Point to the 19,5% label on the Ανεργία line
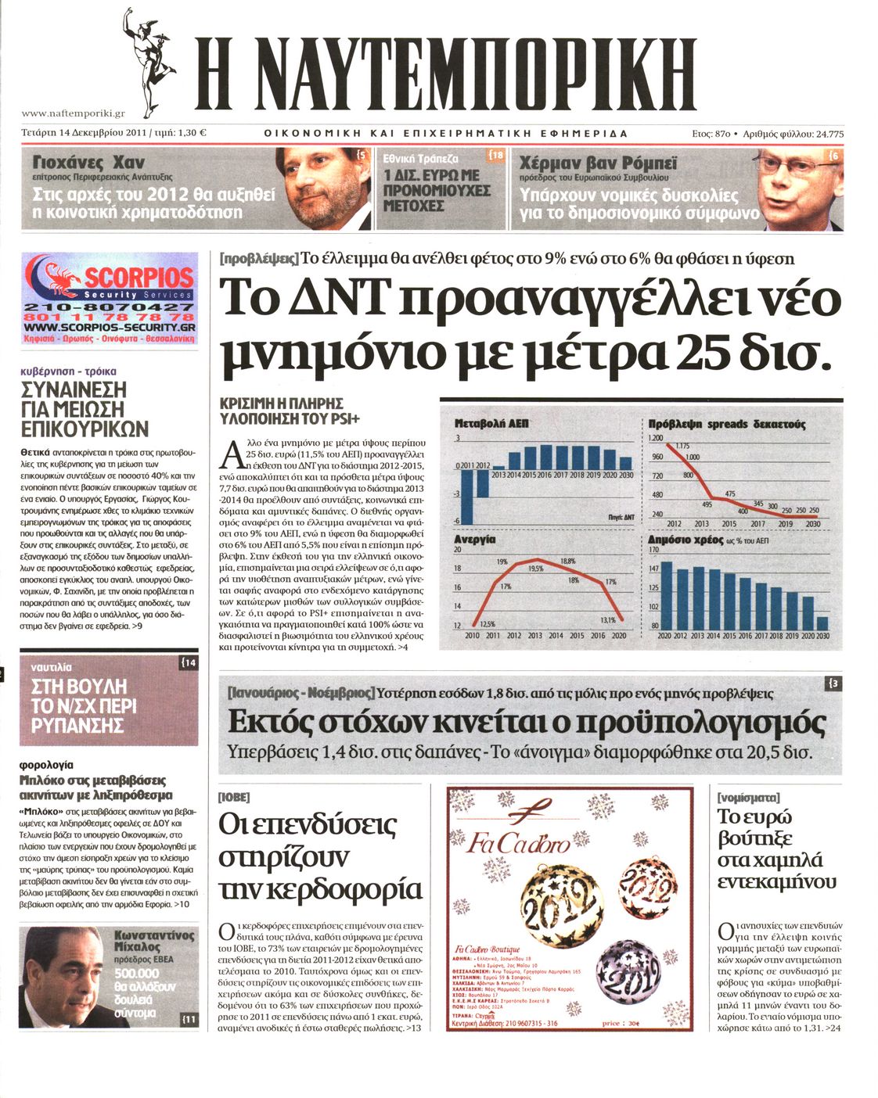coord(536,569)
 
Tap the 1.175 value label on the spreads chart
coord(682,446)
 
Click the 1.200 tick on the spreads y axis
coord(656,438)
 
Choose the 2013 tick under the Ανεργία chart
coord(535,636)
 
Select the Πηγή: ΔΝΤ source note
coord(621,517)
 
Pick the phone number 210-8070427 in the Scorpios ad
coord(110,307)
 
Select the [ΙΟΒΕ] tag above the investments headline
coord(234,797)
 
